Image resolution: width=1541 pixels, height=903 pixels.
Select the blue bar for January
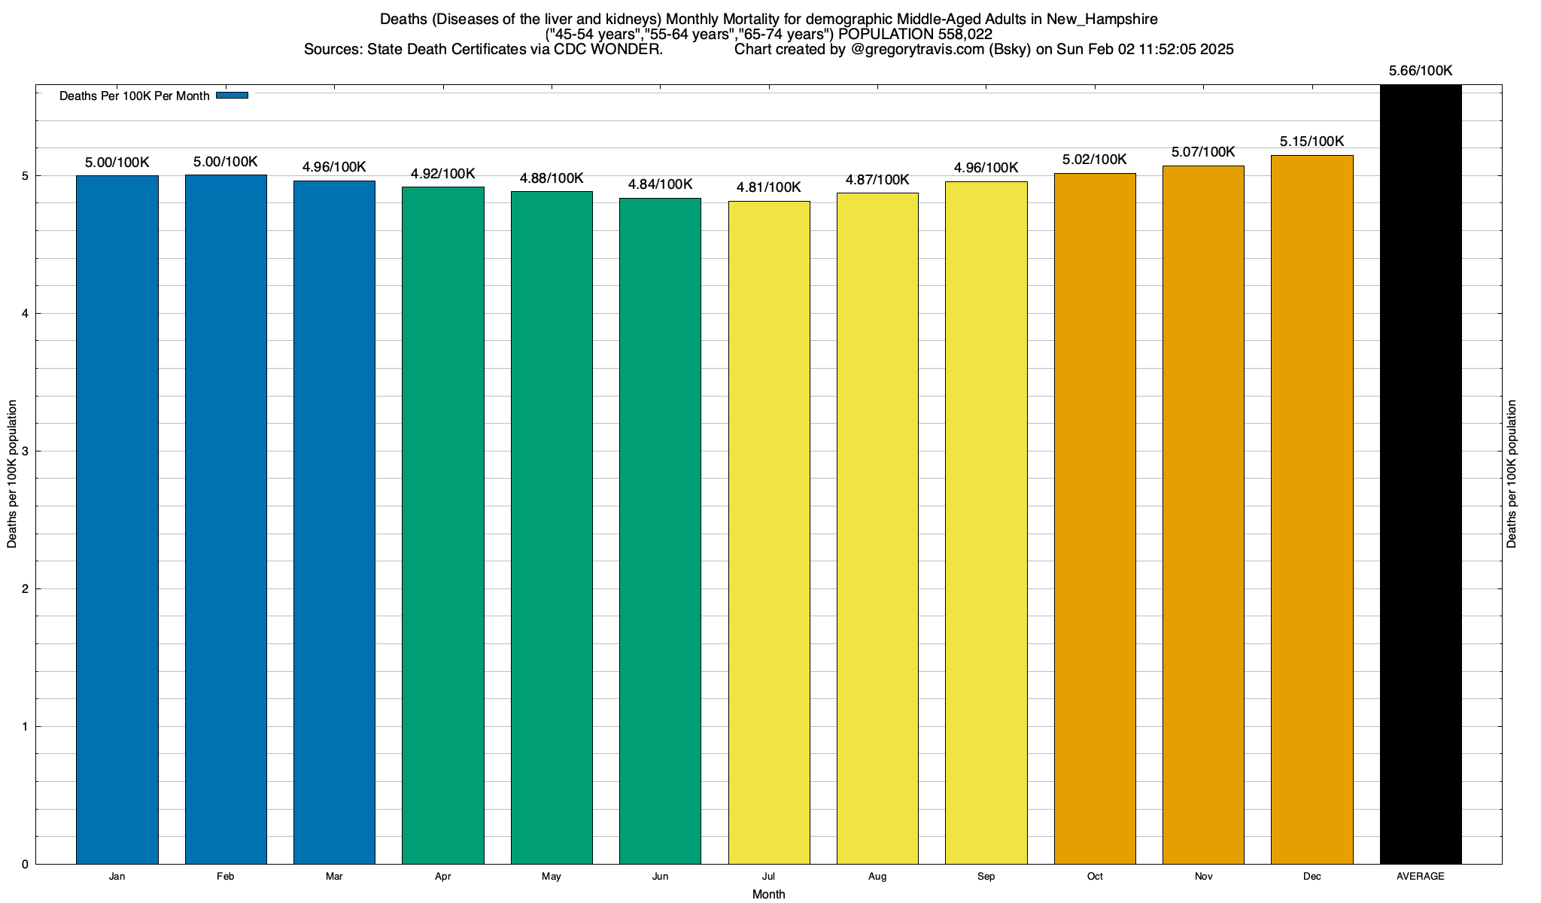pos(117,519)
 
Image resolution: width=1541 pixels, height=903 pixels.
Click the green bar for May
pos(552,527)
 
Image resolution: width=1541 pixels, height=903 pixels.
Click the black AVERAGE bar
pos(1421,474)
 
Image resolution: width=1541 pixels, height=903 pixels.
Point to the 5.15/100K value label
pos(1312,141)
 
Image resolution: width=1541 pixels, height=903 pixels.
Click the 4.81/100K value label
pos(768,187)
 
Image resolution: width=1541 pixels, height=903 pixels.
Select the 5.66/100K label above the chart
pos(1421,71)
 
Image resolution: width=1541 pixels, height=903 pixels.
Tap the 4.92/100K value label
pos(442,174)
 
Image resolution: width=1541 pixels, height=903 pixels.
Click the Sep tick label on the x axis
pos(986,877)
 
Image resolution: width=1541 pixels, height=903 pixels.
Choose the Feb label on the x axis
pos(225,877)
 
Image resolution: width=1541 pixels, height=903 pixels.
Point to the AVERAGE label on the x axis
pos(1421,877)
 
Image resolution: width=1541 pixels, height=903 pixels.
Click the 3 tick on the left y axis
pos(25,451)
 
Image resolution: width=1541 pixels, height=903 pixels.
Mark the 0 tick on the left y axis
pos(25,865)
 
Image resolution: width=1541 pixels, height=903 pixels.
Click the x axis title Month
pos(768,894)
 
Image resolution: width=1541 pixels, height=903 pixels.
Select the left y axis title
pos(12,474)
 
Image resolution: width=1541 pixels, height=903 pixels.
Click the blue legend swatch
pos(232,96)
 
